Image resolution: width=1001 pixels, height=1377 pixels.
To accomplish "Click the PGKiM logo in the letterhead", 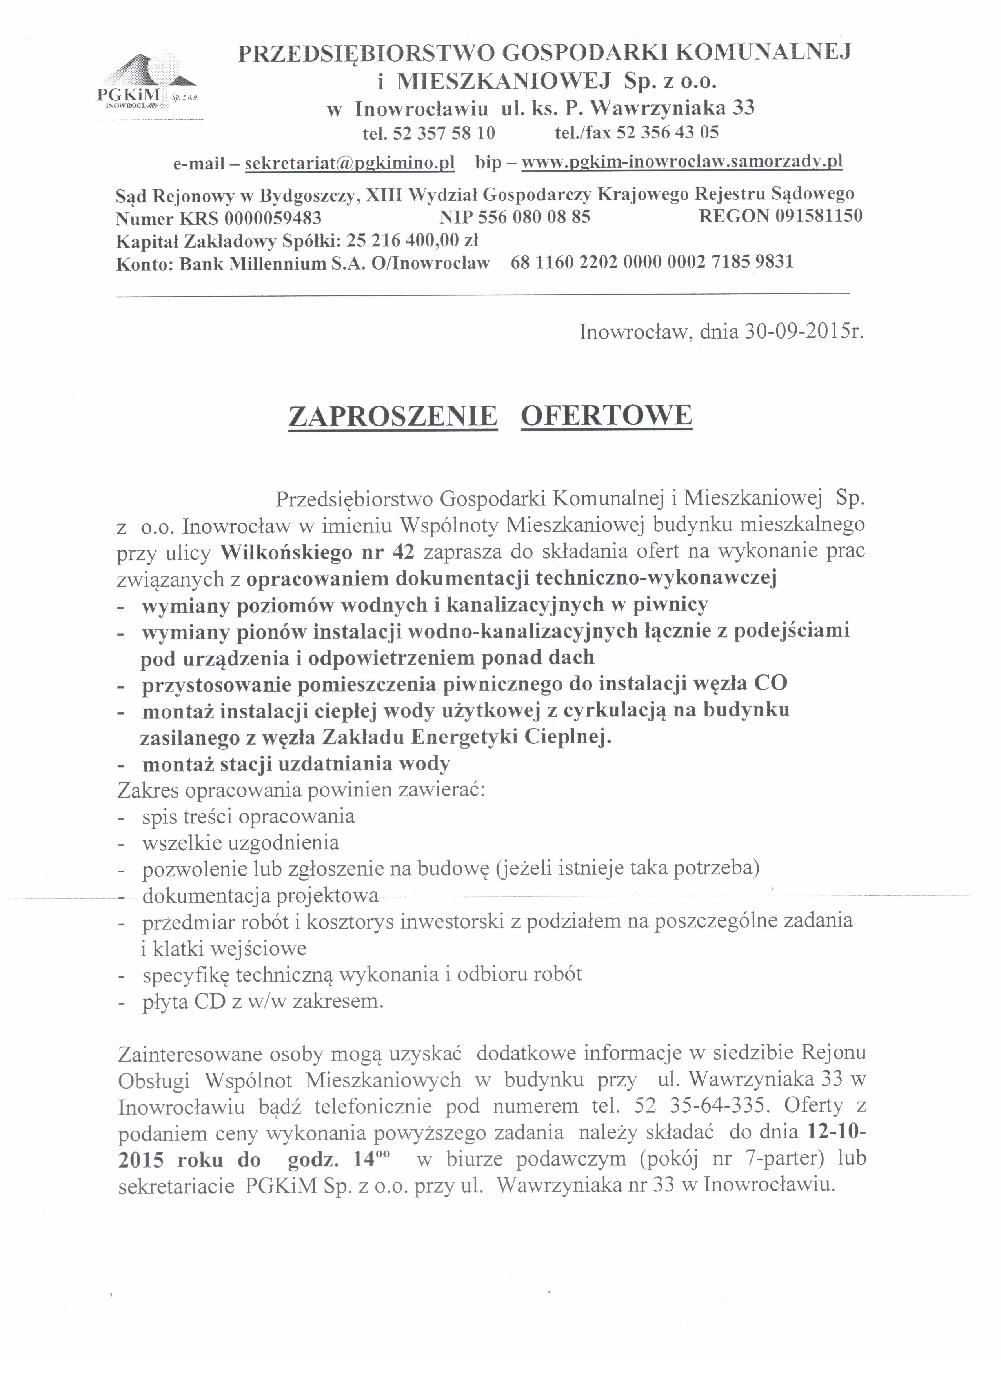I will (x=147, y=82).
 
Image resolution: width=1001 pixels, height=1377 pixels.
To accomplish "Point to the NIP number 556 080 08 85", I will (x=533, y=217).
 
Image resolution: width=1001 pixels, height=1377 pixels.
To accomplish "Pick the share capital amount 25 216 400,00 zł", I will (x=412, y=240).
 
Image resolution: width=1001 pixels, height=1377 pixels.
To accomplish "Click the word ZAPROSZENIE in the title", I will (x=393, y=417).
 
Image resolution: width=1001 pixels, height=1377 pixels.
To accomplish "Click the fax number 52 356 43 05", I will (x=668, y=132).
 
